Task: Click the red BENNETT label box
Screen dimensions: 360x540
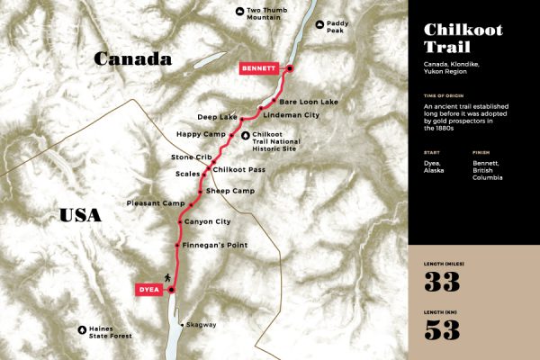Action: click(261, 67)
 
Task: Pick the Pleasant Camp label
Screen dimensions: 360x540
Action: click(156, 203)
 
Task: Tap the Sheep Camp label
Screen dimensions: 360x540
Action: click(231, 191)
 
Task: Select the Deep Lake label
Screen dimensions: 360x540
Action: click(218, 117)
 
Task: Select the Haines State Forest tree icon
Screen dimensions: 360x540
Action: click(84, 330)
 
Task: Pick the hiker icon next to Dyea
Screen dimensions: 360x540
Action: click(166, 276)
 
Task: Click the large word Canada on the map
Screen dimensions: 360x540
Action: click(135, 59)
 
